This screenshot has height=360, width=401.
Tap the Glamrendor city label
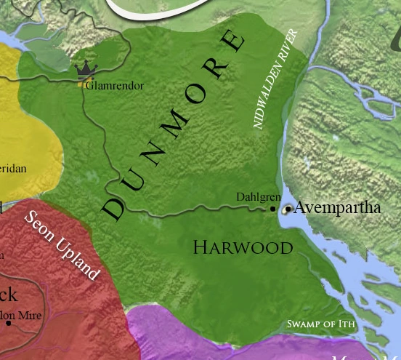(115, 86)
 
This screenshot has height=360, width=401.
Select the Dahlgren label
(256, 197)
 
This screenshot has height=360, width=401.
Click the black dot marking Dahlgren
(273, 209)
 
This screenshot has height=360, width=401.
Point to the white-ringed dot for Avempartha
(288, 209)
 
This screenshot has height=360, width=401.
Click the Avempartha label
(337, 207)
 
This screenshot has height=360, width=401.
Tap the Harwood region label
(243, 247)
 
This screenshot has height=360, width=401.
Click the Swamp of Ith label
(320, 324)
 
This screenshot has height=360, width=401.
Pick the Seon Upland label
(62, 245)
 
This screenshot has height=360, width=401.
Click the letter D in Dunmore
(115, 208)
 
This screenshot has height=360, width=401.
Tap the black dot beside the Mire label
(9, 323)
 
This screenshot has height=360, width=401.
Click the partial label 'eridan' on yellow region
(13, 169)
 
